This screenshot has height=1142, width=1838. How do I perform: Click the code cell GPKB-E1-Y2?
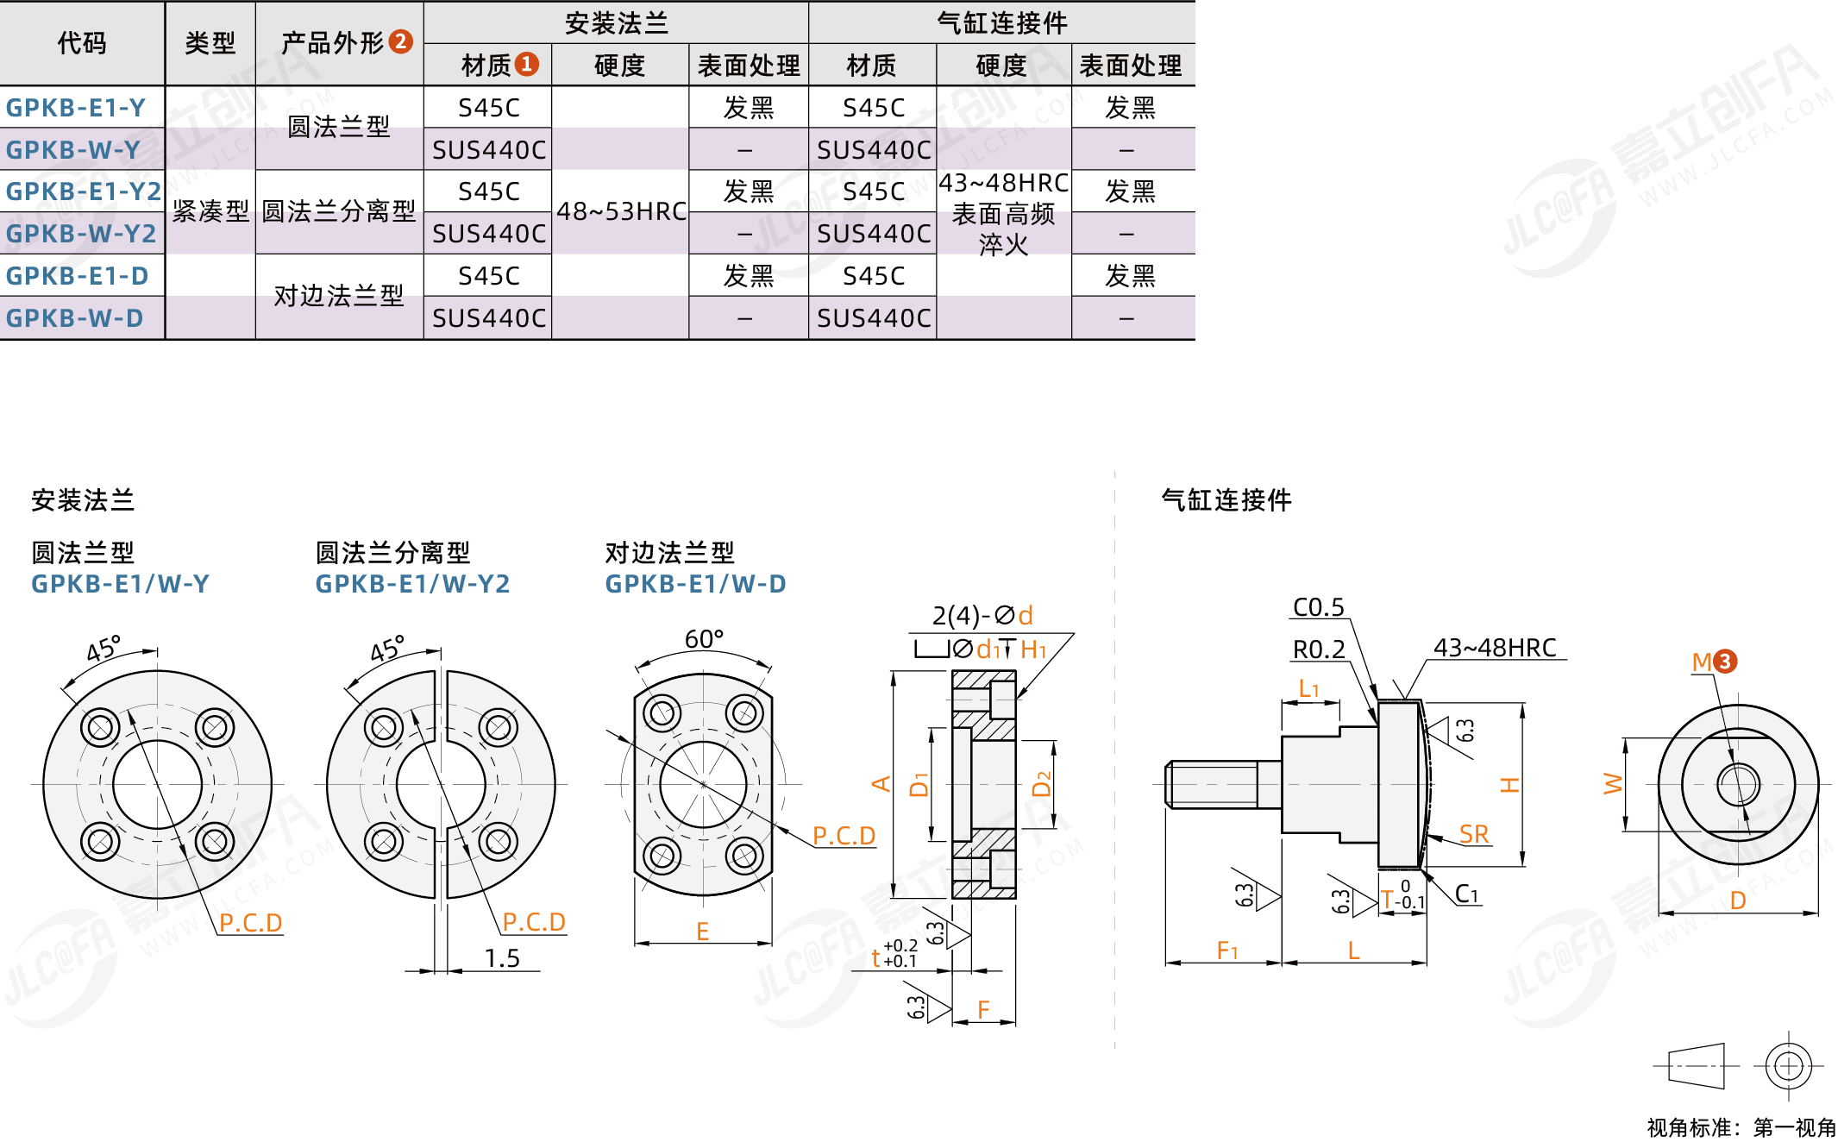pos(83,191)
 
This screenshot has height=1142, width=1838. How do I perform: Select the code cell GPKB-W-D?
pos(74,318)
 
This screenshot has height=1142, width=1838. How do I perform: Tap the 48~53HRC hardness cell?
pos(621,211)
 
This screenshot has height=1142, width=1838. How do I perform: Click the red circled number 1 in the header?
pos(526,65)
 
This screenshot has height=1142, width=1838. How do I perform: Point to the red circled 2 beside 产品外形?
pos(400,41)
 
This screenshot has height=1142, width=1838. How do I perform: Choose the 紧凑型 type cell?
pos(210,211)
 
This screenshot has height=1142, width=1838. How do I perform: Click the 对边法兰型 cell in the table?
pos(339,296)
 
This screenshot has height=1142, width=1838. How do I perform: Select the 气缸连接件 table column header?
pos(1001,22)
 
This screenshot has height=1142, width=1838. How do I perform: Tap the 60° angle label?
pos(704,639)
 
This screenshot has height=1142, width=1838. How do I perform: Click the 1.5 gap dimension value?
pos(502,958)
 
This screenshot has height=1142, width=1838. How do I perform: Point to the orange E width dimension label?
pos(703,932)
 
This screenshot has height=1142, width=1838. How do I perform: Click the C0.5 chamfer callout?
pos(1318,607)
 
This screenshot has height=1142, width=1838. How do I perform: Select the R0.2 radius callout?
pos(1319,649)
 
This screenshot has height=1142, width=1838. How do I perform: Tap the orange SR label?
pos(1474,834)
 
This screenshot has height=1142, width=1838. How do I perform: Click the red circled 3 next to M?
pos(1725,662)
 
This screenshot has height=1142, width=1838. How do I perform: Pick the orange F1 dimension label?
pos(1226,951)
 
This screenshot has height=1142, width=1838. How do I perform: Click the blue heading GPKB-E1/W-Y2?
pos(412,584)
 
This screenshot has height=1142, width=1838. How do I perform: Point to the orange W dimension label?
pos(1612,784)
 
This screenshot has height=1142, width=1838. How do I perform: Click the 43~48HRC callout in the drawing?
pos(1495,648)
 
